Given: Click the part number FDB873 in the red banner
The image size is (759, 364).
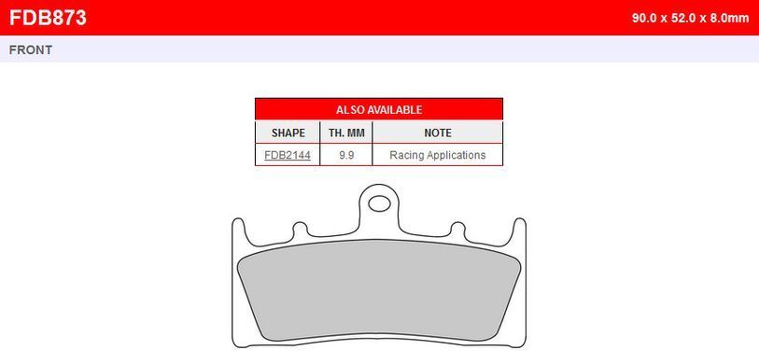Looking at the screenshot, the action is coord(48,18).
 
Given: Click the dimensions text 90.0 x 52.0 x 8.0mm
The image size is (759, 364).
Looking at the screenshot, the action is coord(690,19).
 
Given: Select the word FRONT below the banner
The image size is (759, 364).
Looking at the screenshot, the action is coord(31,49).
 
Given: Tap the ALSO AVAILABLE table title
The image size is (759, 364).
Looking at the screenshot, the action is coord(379,109).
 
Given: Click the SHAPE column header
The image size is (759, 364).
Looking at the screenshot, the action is coord(288,133).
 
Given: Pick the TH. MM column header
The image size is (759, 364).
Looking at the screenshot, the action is coord(346,133).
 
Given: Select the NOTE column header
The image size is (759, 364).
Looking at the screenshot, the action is coord(438,133).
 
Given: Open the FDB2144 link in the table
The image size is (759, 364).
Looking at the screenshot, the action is coord(288,155).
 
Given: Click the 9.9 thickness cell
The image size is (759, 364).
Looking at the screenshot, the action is coord(346,155).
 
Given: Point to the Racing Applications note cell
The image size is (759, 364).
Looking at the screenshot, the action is coord(438,155).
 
